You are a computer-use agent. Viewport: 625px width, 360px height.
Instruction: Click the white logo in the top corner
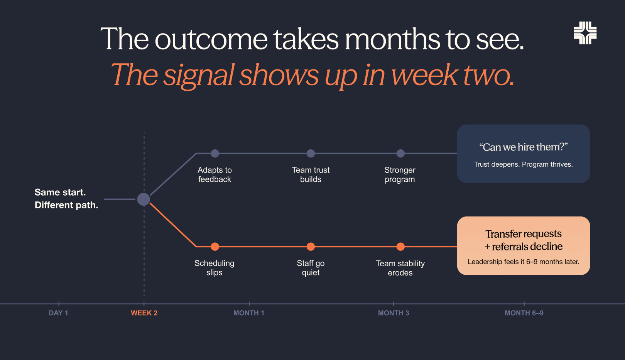tap(585, 33)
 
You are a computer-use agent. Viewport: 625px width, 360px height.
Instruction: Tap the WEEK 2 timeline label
tap(144, 313)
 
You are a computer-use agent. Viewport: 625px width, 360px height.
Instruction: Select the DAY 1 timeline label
tap(58, 313)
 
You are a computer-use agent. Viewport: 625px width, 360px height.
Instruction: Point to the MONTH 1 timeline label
tap(248, 313)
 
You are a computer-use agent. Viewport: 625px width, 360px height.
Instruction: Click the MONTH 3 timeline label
tap(394, 313)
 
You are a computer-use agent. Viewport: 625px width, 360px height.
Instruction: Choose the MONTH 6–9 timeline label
tap(524, 313)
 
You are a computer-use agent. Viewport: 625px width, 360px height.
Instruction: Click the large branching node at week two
tap(144, 199)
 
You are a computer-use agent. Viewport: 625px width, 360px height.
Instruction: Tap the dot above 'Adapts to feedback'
tap(215, 153)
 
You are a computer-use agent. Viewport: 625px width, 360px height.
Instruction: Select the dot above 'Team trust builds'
tap(311, 153)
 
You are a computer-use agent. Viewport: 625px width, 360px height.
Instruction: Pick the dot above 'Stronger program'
tap(400, 153)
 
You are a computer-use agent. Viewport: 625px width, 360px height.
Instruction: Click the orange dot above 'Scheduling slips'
tap(215, 247)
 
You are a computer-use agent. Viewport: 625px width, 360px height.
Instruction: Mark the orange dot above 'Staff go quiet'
tap(311, 247)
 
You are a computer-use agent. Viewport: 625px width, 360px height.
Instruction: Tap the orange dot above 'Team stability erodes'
tap(400, 247)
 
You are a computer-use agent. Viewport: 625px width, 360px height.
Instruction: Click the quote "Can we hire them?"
tap(524, 147)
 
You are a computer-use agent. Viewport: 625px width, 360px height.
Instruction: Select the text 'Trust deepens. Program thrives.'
tap(524, 164)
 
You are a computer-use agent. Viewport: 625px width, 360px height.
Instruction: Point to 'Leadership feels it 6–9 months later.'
tap(524, 262)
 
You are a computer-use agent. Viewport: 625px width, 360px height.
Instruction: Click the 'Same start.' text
tap(60, 192)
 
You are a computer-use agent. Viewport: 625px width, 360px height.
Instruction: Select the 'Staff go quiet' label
tap(311, 268)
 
